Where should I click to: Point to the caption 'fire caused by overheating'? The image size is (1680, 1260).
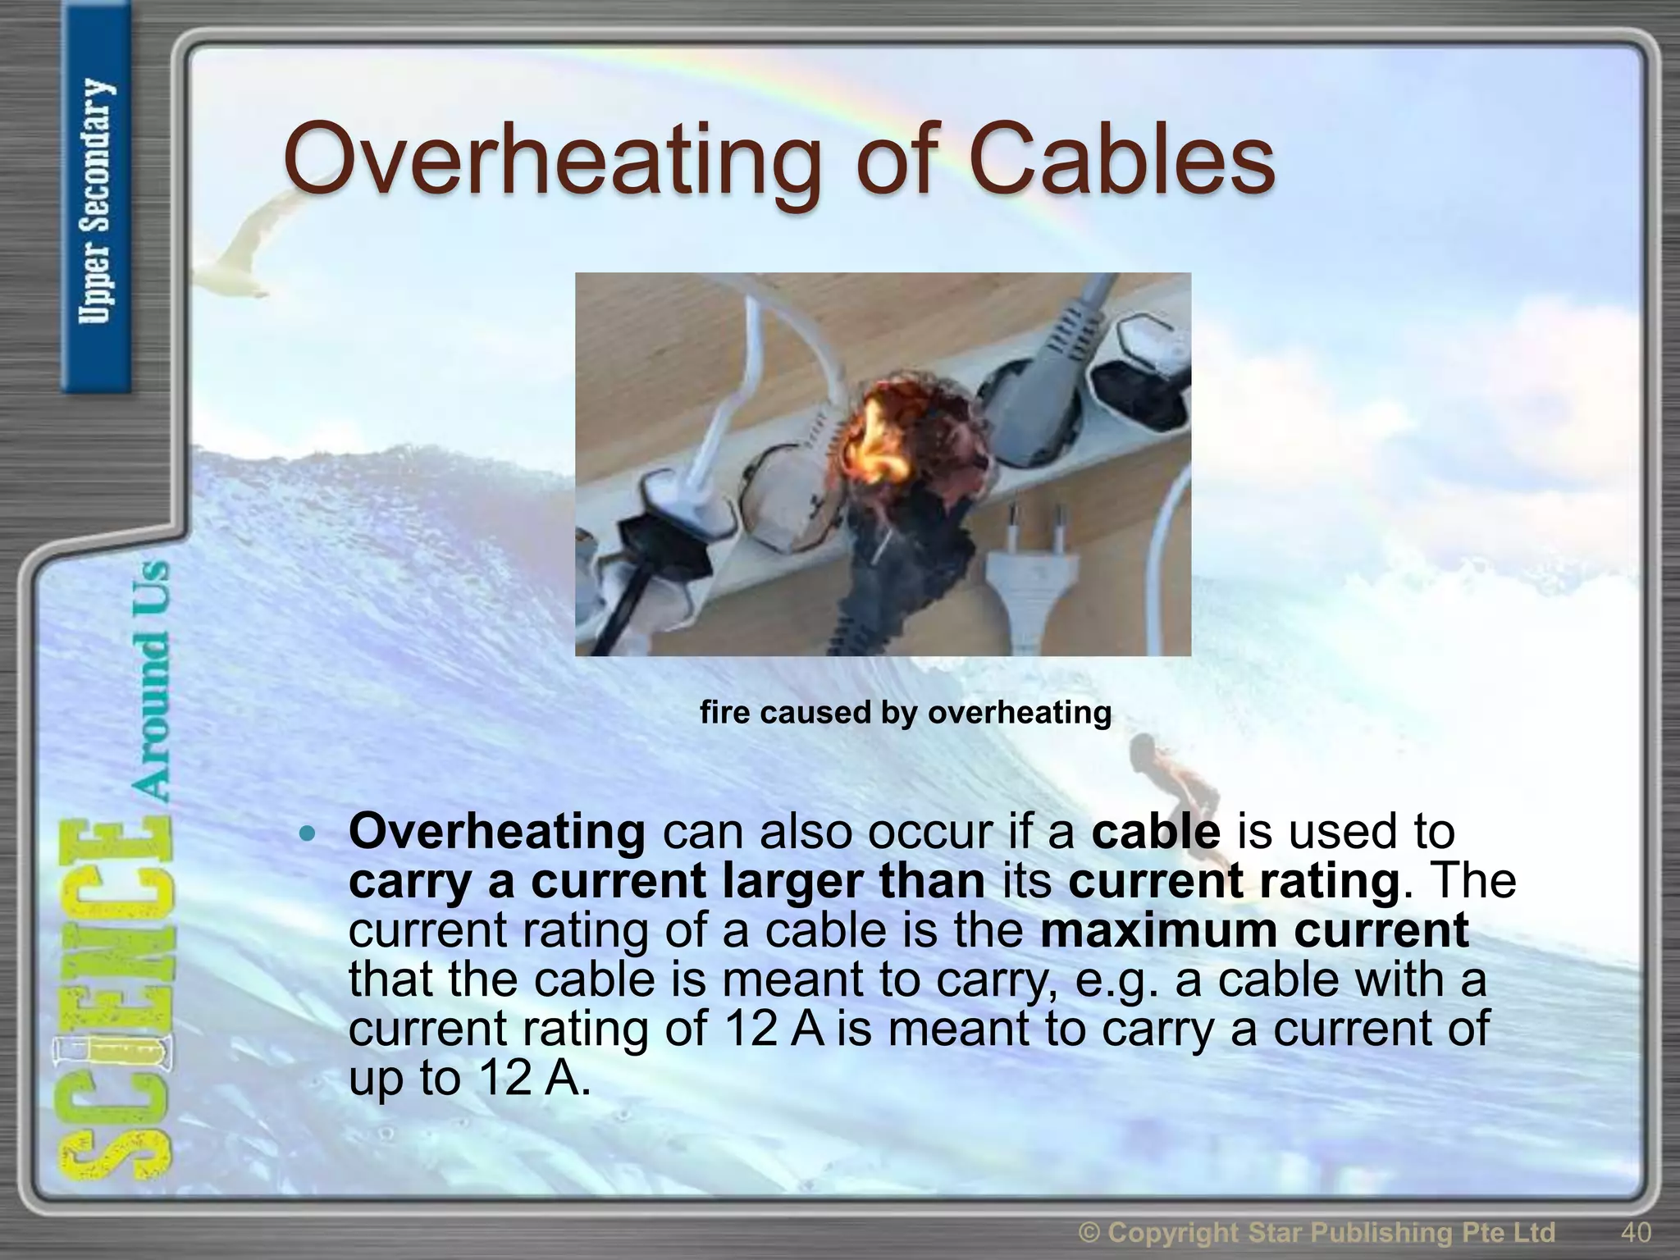point(906,712)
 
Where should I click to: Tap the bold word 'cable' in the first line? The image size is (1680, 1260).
point(1156,832)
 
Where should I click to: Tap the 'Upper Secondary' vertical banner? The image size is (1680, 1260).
point(97,201)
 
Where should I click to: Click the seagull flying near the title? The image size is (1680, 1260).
point(246,246)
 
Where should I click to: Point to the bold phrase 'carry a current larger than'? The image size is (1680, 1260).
point(666,881)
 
